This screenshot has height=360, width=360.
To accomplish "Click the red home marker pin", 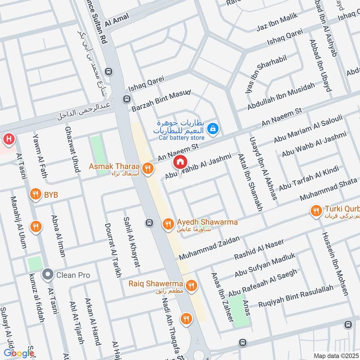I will [x=180, y=162].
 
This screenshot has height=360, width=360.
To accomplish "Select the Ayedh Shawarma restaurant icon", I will [x=168, y=223].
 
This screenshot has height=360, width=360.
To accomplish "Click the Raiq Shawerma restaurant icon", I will [x=192, y=285].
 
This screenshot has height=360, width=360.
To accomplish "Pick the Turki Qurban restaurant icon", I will [x=316, y=210].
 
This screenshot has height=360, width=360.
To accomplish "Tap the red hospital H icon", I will [x=8, y=139].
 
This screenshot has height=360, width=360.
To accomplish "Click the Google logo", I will [x=19, y=353].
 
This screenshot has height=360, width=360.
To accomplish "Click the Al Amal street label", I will [x=117, y=20].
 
